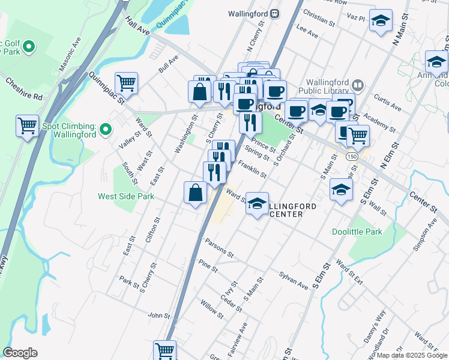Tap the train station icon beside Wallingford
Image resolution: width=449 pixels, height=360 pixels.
coord(275,13)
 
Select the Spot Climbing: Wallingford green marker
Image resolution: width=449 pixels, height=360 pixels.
coord(106,128)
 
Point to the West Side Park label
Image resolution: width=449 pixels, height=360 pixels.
coord(127,196)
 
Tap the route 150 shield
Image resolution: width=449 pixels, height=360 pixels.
coord(349,156)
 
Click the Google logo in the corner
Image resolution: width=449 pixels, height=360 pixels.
coord(20,353)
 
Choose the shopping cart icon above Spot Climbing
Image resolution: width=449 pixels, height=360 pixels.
coord(28,125)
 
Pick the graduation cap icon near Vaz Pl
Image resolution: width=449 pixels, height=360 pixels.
coord(380,20)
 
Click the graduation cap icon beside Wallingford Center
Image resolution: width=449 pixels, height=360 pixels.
coord(257,203)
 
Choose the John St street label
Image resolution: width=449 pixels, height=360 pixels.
coord(159,315)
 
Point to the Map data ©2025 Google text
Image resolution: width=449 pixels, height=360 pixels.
coord(411,355)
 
